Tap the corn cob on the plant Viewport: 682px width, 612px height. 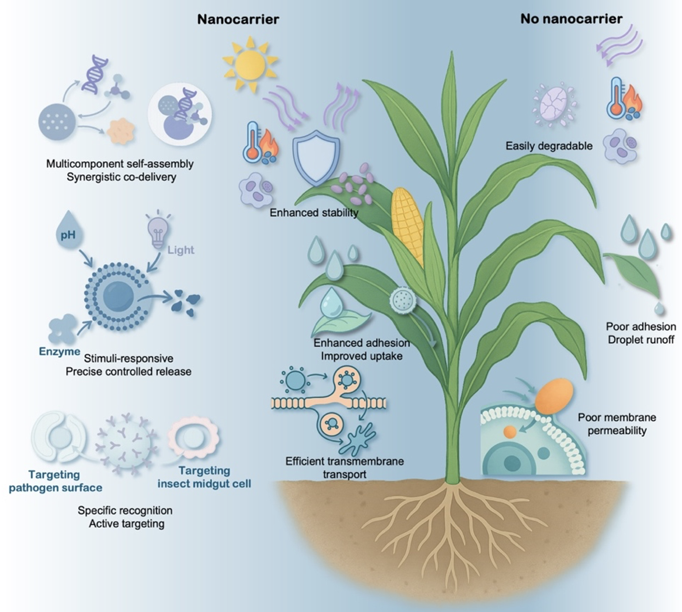tap(408, 226)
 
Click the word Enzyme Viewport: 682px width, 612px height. tap(59, 351)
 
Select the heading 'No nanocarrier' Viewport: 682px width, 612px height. tap(571, 19)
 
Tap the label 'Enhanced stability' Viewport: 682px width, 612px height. tap(314, 213)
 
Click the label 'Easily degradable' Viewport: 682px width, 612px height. tap(549, 146)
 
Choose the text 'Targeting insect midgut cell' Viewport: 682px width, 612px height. tap(204, 477)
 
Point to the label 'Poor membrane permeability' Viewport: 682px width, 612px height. tap(617, 424)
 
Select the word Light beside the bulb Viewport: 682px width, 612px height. tap(181, 250)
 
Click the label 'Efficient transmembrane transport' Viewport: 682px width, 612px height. tap(345, 468)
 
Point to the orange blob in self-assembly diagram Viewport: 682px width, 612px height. tap(121, 131)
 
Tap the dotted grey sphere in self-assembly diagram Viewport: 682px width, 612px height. tap(57, 122)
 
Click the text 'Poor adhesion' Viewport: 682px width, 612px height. tap(641, 326)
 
